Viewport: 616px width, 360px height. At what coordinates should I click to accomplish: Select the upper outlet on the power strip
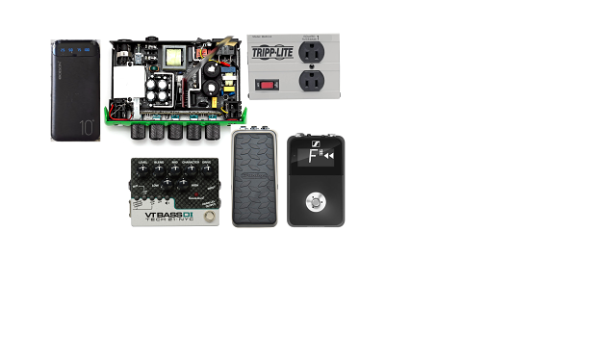click(x=314, y=49)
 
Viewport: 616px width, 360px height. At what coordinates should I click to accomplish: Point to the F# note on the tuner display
click(x=313, y=155)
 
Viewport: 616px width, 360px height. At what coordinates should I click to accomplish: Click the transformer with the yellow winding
click(x=175, y=57)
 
